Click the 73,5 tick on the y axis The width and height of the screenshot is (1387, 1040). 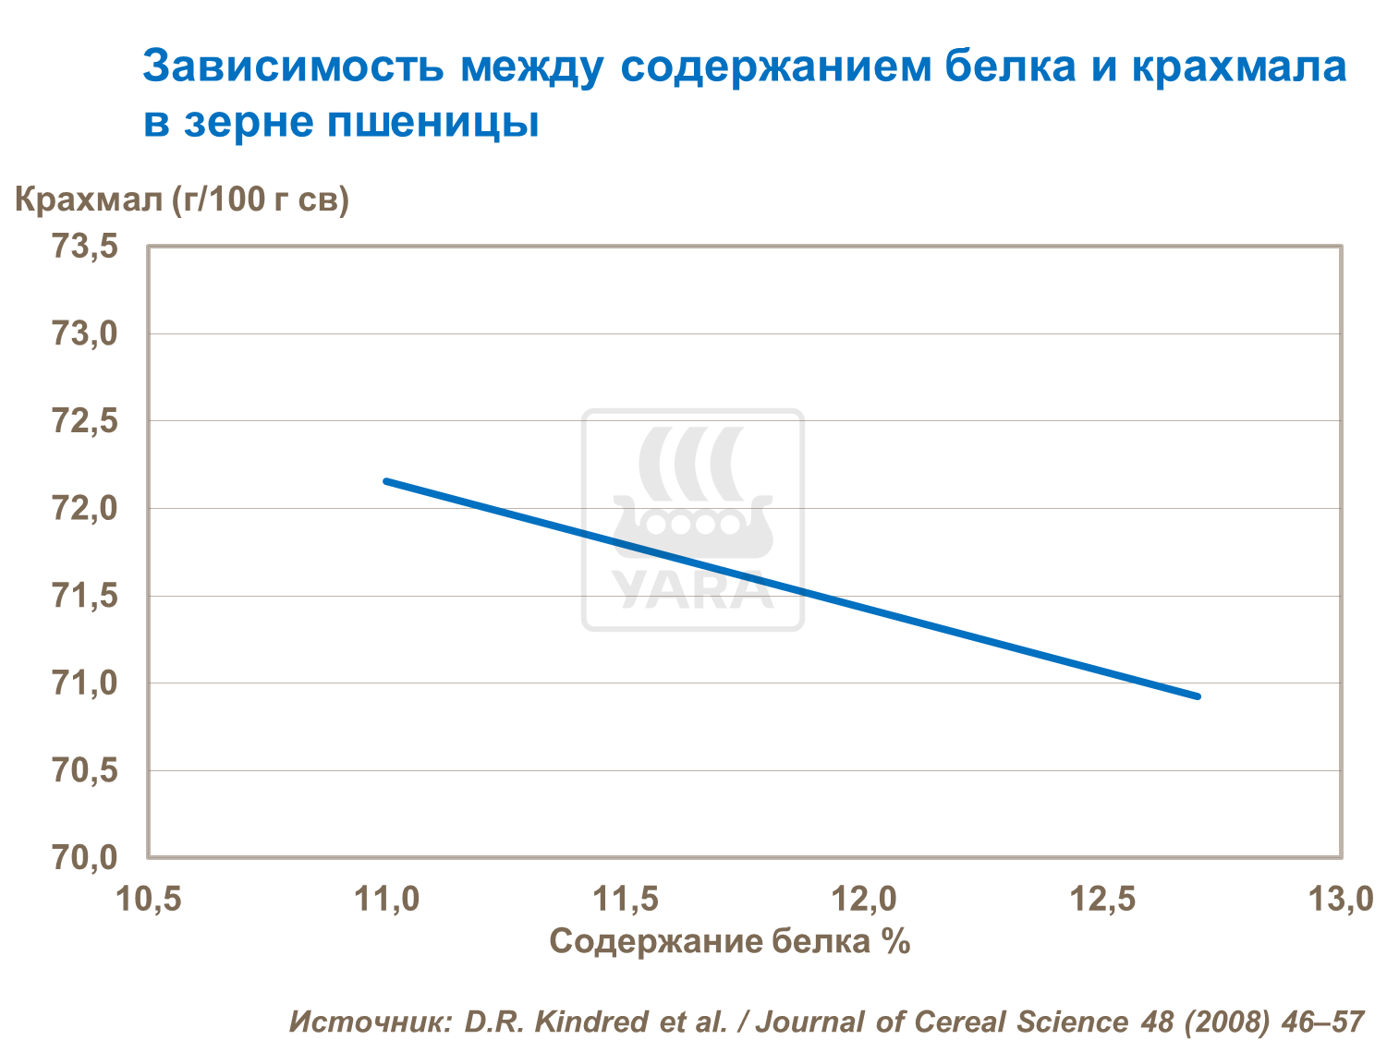pos(85,247)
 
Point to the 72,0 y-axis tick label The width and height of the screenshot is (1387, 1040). pos(85,508)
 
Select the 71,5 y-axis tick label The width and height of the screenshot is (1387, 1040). pos(85,596)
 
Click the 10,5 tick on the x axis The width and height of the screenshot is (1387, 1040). pos(149,898)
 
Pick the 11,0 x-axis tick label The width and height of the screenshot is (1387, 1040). pos(387,898)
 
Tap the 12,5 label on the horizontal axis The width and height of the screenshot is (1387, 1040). pos(1103,898)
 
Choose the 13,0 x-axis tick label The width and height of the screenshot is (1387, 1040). pos(1341,898)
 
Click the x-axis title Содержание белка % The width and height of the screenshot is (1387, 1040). pos(730,941)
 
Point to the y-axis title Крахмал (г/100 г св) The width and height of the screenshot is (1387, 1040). pos(182,199)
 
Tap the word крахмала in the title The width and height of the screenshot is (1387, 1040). pos(1238,67)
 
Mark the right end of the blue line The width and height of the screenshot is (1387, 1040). pos(1198,695)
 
